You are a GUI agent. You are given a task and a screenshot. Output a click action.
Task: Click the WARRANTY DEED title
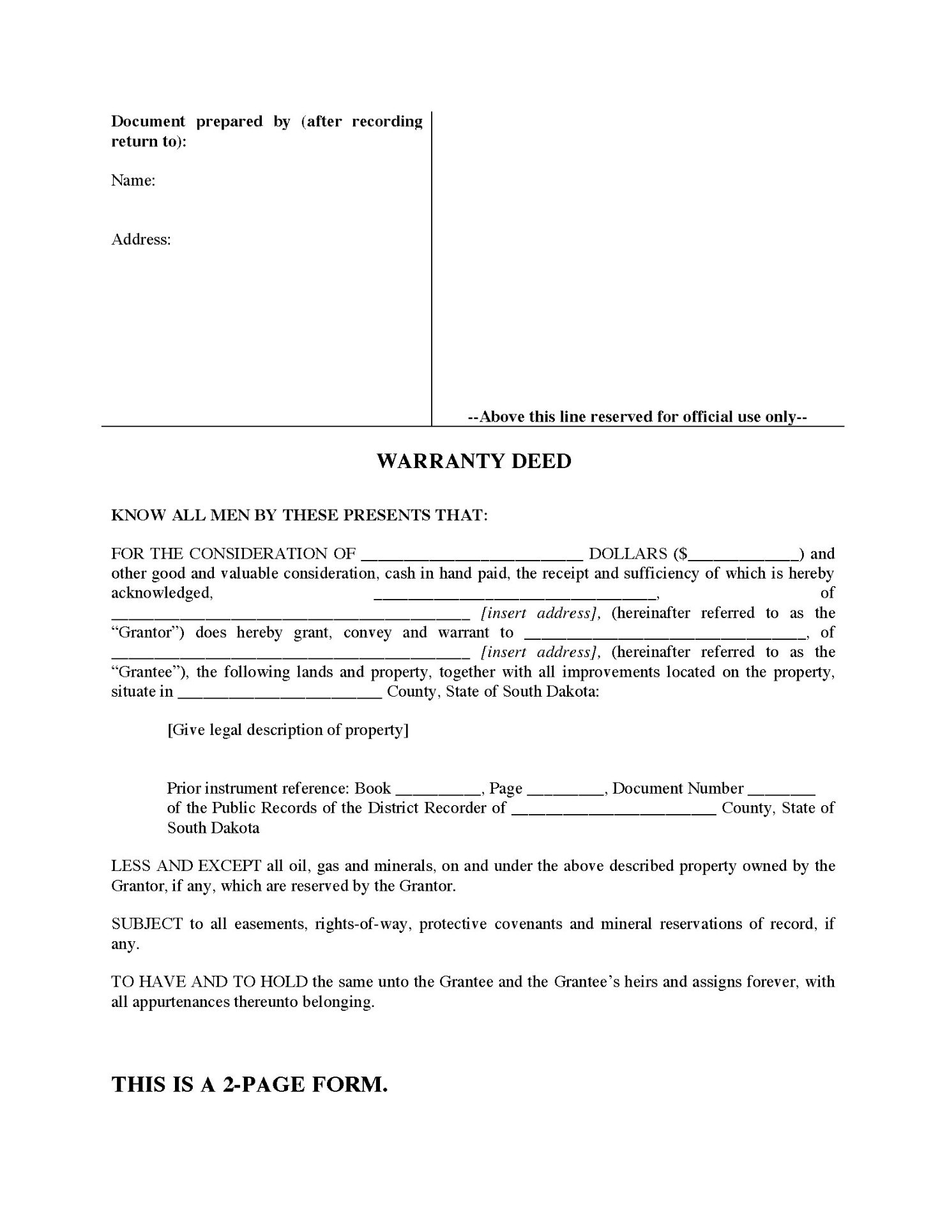click(x=474, y=461)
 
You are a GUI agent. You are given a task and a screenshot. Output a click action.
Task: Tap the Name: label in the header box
click(x=133, y=181)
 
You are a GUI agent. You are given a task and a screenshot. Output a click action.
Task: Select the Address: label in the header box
click(x=141, y=239)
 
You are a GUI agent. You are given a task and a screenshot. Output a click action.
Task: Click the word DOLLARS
click(x=628, y=554)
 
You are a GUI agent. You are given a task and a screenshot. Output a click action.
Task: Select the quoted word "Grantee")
click(x=149, y=672)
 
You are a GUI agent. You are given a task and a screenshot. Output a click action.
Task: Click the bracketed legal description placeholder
click(x=288, y=730)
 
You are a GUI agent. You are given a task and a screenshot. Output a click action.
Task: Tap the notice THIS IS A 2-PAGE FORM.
click(x=250, y=1084)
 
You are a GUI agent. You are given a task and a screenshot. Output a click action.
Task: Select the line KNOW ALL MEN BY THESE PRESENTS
click(x=299, y=515)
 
